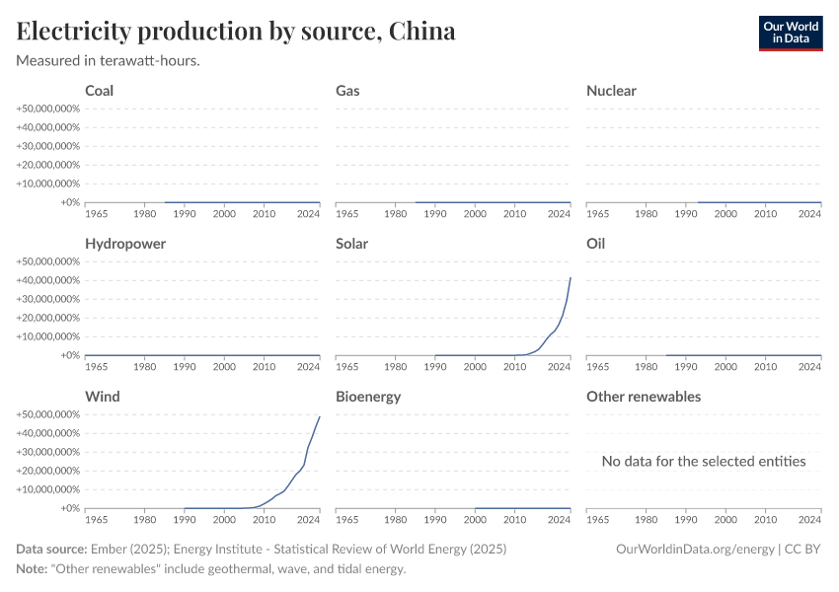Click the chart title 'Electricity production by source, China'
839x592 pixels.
click(236, 32)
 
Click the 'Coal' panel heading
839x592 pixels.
click(100, 91)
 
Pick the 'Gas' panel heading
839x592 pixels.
click(347, 91)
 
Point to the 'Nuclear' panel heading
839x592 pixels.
click(611, 91)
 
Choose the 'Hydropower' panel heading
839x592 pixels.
click(125, 244)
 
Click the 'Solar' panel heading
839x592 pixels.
click(351, 244)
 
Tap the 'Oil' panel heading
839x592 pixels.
click(595, 244)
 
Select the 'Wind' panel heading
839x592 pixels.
click(103, 397)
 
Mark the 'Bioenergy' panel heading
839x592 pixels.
click(369, 397)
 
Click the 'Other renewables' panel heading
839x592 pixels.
click(644, 397)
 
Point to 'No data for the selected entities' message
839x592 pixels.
click(704, 461)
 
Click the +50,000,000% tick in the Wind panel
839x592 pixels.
click(47, 414)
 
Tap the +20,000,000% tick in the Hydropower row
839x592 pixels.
click(47, 318)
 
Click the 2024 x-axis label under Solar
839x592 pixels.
click(559, 366)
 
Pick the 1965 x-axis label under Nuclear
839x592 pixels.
click(598, 213)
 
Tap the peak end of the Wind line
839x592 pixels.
click(320, 416)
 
